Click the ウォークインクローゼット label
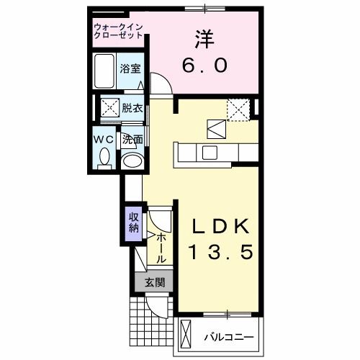pyautogui.click(x=118, y=32)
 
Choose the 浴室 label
pyautogui.click(x=130, y=70)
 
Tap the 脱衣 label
pyautogui.click(x=131, y=109)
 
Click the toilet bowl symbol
pyautogui.click(x=104, y=157)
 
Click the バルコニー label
pyautogui.click(x=228, y=336)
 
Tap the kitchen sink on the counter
pyautogui.click(x=210, y=153)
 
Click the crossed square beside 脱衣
pyautogui.click(x=109, y=109)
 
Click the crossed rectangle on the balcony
pyautogui.click(x=186, y=336)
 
